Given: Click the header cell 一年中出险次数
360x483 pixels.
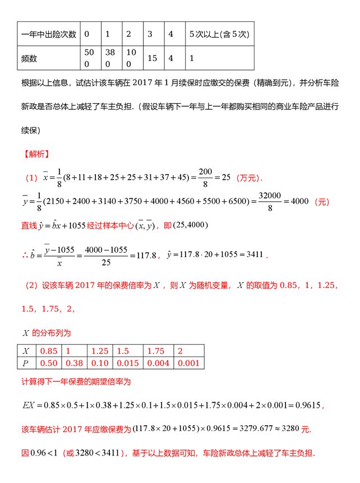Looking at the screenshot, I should (48, 35).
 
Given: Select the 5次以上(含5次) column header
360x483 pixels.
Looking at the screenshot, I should (218, 35).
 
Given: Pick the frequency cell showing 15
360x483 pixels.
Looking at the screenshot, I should (151, 58).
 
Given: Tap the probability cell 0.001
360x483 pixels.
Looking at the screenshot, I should (189, 363).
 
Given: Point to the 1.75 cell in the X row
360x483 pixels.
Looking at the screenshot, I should (156, 351).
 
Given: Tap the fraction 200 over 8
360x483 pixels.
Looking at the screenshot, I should (205, 178).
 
